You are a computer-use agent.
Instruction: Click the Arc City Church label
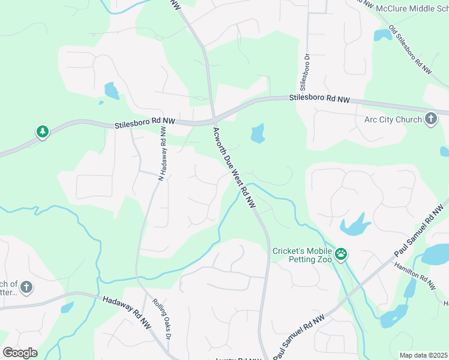pyautogui.click(x=393, y=119)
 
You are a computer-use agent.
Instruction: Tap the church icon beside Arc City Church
pyautogui.click(x=431, y=119)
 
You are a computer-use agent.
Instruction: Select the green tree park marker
pyautogui.click(x=42, y=131)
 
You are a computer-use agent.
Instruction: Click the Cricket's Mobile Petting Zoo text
pyautogui.click(x=301, y=256)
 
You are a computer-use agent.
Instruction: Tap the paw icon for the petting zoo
pyautogui.click(x=341, y=254)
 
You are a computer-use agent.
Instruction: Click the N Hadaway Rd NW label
pyautogui.click(x=161, y=152)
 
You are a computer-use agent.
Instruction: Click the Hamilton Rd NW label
pyautogui.click(x=415, y=276)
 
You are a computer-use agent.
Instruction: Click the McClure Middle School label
pyautogui.click(x=412, y=9)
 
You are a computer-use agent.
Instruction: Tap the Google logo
pyautogui.click(x=20, y=353)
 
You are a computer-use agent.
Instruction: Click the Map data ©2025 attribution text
pyautogui.click(x=423, y=355)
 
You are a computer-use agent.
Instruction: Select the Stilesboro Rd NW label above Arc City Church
pyautogui.click(x=319, y=98)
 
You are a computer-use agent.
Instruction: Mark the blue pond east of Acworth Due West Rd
pyautogui.click(x=258, y=133)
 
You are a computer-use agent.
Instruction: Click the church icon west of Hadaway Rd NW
pyautogui.click(x=26, y=287)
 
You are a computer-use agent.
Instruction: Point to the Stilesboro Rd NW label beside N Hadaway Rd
pyautogui.click(x=144, y=122)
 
